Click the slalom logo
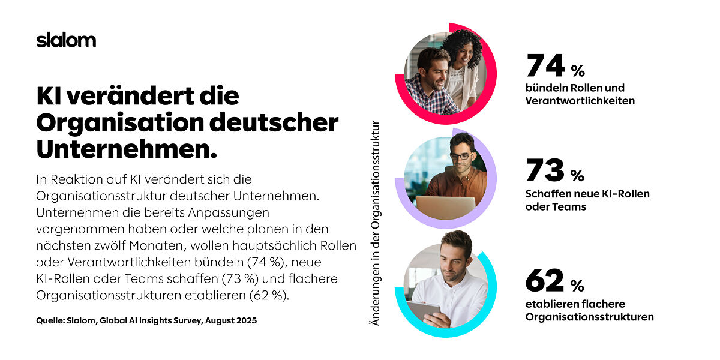point(66,40)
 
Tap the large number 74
point(545,66)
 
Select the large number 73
point(545,170)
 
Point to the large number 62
point(545,280)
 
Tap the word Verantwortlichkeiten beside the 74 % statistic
point(580,101)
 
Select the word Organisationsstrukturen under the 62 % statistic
point(589,317)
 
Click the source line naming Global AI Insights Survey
point(146,321)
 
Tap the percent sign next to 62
point(577,284)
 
